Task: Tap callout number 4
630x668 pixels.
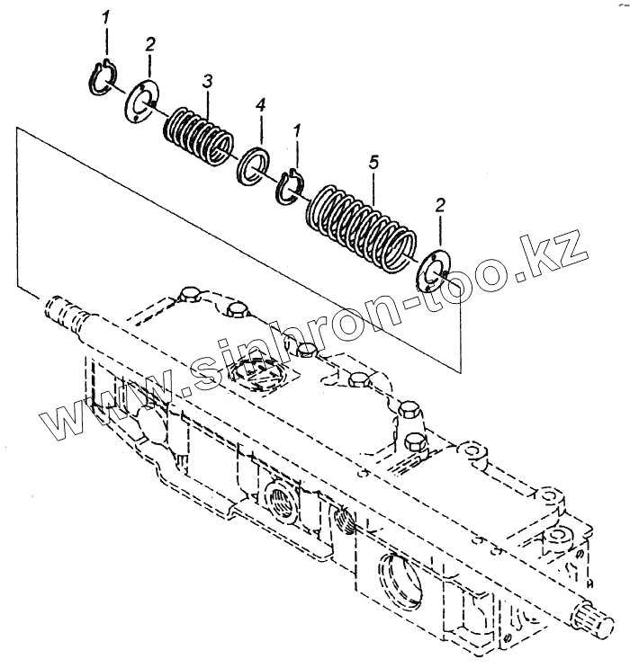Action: pos(260,107)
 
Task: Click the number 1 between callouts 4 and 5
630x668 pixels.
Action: pos(297,133)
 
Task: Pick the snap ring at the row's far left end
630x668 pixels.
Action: pos(103,76)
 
